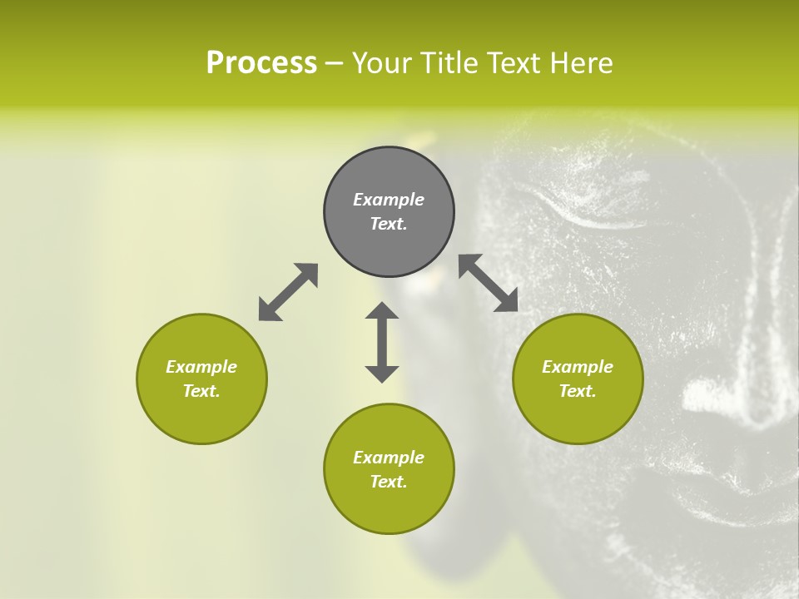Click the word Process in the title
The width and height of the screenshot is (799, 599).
[261, 63]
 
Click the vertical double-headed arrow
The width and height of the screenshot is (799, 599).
[382, 342]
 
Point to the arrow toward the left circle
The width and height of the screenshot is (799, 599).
[288, 292]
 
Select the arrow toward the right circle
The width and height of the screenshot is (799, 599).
[489, 283]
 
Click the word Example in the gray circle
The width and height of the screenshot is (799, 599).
[389, 200]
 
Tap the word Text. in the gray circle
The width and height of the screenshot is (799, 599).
[389, 224]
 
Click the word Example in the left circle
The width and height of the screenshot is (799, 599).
[201, 367]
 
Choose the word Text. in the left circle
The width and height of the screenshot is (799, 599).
[201, 391]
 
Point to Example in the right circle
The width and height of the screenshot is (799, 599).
[578, 367]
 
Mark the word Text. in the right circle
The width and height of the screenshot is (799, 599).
[578, 391]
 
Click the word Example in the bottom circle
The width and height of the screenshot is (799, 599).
[389, 458]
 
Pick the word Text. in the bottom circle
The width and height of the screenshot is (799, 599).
[389, 482]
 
